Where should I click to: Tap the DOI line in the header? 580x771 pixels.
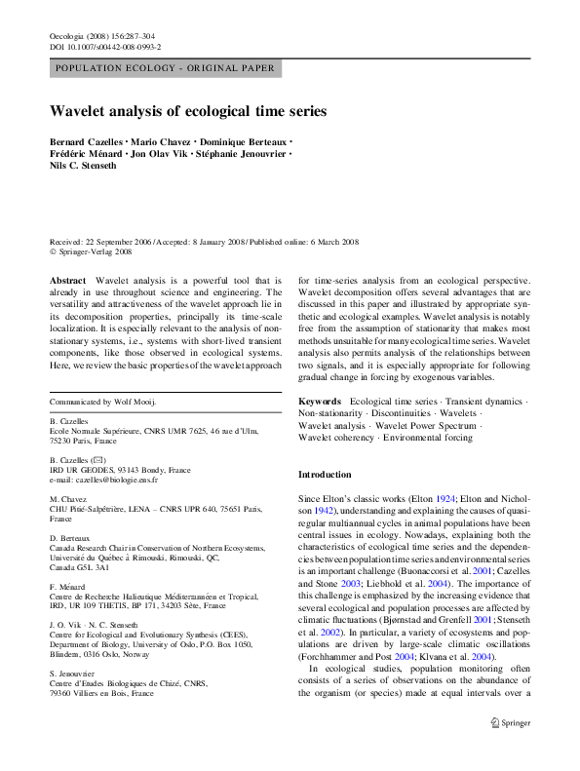click(x=105, y=46)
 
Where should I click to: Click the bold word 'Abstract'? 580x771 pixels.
click(x=68, y=279)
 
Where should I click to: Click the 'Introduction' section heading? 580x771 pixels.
click(x=325, y=475)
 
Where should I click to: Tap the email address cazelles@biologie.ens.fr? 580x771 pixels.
click(x=114, y=480)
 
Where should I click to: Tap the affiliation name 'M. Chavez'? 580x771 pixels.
click(x=68, y=497)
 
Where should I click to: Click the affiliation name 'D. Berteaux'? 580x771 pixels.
click(x=71, y=537)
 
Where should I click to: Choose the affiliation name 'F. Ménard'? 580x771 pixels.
click(x=67, y=587)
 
